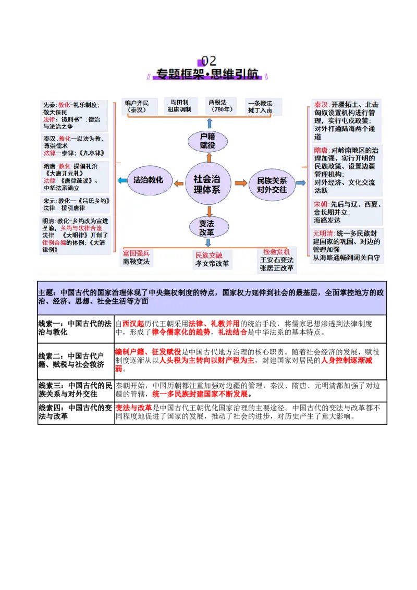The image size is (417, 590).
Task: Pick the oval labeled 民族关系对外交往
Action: [x=272, y=185]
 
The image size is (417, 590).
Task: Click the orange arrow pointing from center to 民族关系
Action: [x=241, y=183]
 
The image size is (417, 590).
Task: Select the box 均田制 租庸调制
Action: [x=179, y=106]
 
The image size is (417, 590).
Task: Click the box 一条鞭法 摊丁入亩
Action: [x=263, y=106]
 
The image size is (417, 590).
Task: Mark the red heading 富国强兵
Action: [x=136, y=253]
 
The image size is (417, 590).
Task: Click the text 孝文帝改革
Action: [x=212, y=264]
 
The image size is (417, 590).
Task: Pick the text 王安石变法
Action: [x=277, y=260]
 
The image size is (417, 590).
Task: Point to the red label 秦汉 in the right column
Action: [x=321, y=104]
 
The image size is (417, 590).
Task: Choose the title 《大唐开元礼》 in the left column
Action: [x=64, y=173]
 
